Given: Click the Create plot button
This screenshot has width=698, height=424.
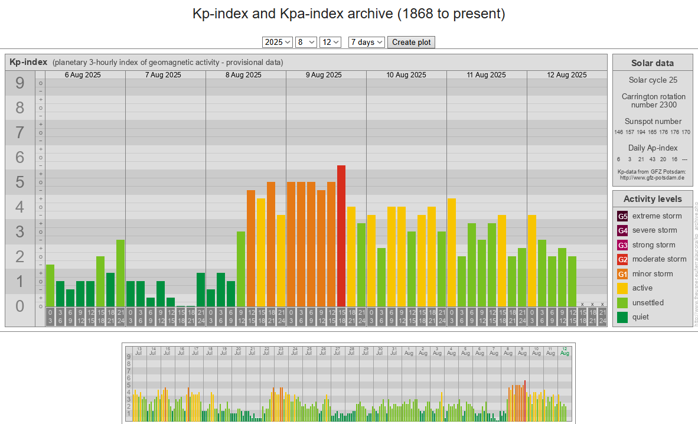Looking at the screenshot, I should pos(412,42).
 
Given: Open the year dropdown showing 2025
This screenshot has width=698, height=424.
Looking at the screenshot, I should pos(278,42).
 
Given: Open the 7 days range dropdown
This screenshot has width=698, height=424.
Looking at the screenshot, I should pos(366,42).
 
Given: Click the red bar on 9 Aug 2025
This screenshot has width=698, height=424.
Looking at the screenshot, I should pos(341,236).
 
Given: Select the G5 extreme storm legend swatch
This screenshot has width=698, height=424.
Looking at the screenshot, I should pos(622,216).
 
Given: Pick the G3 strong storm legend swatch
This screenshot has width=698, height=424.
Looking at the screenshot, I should pos(622,245).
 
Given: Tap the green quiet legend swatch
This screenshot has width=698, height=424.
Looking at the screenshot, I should pos(622,317).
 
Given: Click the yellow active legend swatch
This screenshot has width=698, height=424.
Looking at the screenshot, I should pos(622,288).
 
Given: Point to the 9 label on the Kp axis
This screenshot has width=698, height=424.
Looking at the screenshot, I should pos(20,83).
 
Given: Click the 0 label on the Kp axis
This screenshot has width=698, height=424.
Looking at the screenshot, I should pos(20,306).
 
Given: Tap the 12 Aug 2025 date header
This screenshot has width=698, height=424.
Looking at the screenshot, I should pos(567,75).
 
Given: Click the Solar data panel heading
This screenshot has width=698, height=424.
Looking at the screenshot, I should pos(652,63).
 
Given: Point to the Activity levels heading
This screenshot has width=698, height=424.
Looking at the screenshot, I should pos(652,199).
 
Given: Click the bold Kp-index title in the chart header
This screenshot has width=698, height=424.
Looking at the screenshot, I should pos(28,62).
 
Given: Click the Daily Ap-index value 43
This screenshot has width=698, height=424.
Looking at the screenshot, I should pos(652,159).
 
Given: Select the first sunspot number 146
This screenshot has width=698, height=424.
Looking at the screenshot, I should pos(619,132).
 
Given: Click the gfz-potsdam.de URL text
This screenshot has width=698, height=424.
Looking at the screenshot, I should pos(652,177).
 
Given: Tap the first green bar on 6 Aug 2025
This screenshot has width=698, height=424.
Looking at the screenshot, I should pos(50,285).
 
